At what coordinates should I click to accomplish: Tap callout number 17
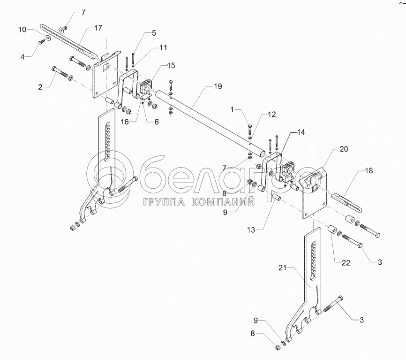pos(98,28)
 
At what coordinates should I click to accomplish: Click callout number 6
pos(157,122)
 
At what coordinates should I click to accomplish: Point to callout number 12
pos(272,114)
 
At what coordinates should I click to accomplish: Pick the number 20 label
pos(344,150)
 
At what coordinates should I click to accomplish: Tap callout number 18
pos(369,171)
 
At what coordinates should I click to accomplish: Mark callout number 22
pos(346,263)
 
